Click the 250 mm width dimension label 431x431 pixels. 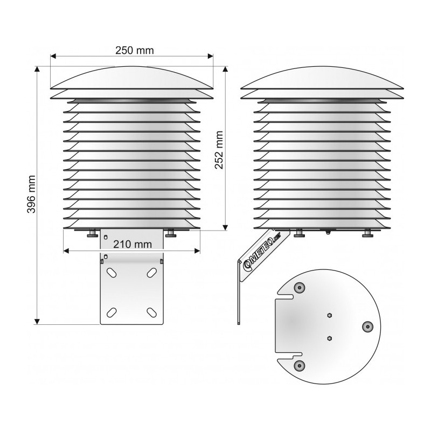tap(134, 50)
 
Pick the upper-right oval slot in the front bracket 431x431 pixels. tap(151, 273)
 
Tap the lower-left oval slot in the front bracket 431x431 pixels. tap(112, 311)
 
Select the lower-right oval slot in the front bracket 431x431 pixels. tap(151, 311)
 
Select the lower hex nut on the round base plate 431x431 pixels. tap(330, 337)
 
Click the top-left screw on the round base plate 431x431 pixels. tap(298, 288)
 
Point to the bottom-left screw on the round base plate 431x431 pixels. tap(298, 366)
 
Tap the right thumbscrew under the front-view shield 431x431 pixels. tap(171, 233)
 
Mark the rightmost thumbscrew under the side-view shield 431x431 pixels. tap(367, 233)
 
